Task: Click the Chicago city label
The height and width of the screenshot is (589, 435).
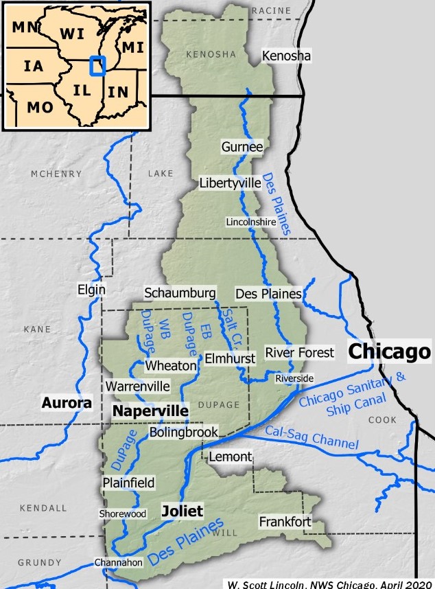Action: (x=389, y=351)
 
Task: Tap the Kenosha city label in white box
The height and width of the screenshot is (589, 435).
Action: (x=287, y=55)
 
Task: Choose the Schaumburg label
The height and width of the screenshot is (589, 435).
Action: (x=180, y=292)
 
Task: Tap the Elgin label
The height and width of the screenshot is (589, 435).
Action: (x=92, y=290)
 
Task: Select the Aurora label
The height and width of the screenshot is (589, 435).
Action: (x=67, y=403)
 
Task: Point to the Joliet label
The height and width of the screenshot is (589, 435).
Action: (x=182, y=511)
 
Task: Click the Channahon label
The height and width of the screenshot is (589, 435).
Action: (x=119, y=562)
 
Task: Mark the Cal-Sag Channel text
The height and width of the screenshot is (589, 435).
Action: (x=311, y=439)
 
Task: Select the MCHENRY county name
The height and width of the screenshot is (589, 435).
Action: (x=56, y=174)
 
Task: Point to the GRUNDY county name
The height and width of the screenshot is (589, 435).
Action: (x=40, y=562)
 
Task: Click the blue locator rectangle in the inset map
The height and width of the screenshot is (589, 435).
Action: (x=98, y=66)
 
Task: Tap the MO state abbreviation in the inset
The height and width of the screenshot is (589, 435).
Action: (x=39, y=106)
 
